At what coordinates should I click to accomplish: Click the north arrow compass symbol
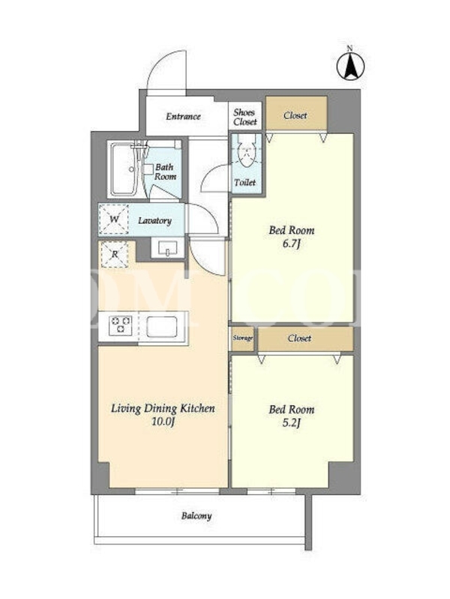(x=350, y=65)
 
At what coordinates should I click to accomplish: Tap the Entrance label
(x=183, y=116)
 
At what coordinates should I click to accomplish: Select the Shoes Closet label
(x=245, y=117)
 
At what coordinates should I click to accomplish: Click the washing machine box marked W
(x=114, y=219)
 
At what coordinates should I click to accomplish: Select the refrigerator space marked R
(x=115, y=254)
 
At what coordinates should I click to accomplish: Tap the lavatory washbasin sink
(x=167, y=247)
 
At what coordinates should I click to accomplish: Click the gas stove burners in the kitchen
(x=120, y=326)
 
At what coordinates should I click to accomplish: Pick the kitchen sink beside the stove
(x=162, y=326)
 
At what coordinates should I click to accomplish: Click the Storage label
(x=242, y=338)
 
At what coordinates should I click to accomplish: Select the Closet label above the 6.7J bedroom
(x=295, y=115)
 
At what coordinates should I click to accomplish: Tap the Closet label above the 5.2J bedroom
(x=299, y=338)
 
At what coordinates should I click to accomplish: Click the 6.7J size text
(x=291, y=243)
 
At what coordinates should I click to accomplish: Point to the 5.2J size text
(x=291, y=422)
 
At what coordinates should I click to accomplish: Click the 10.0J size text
(x=163, y=422)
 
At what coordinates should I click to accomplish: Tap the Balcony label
(x=196, y=516)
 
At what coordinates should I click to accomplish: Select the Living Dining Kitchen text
(x=163, y=408)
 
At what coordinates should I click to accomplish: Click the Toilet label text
(x=245, y=182)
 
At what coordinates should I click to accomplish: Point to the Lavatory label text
(x=154, y=220)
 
